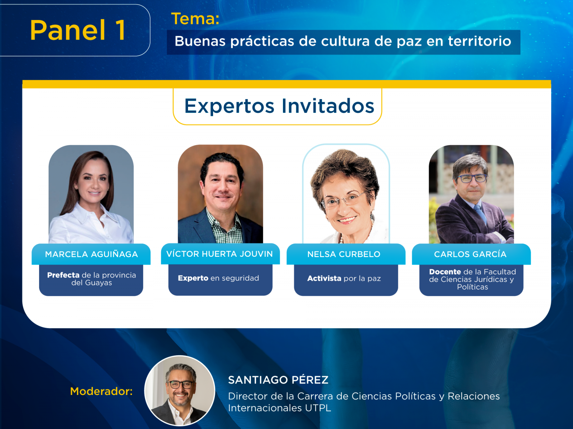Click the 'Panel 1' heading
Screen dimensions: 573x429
click(78, 30)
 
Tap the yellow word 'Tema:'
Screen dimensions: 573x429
click(195, 19)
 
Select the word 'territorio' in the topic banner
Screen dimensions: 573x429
click(480, 41)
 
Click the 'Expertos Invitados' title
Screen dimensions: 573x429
click(279, 106)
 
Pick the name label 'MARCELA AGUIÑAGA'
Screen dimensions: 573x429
click(91, 254)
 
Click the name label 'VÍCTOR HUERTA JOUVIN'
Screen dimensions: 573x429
click(220, 254)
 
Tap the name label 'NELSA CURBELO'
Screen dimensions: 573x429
click(344, 254)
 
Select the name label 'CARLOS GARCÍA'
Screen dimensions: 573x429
click(470, 254)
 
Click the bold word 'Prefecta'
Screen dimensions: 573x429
click(63, 275)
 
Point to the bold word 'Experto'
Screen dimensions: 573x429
click(193, 278)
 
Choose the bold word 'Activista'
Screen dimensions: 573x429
click(324, 279)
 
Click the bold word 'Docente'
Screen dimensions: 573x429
click(445, 272)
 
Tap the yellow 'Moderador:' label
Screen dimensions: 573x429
click(101, 391)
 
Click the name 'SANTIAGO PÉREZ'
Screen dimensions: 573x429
click(278, 380)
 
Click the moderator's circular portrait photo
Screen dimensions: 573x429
click(180, 390)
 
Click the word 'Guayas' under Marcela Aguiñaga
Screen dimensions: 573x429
click(98, 283)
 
